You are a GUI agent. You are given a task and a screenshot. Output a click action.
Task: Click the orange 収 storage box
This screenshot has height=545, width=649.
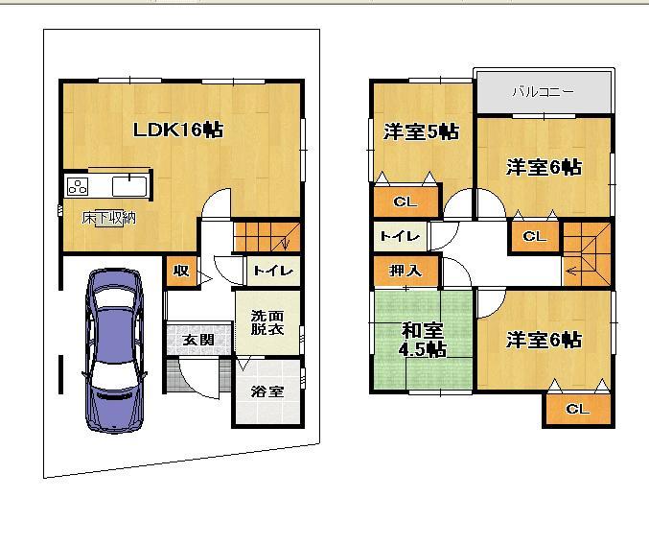pos(179,272)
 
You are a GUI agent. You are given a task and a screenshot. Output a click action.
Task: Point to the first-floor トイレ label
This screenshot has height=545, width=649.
pos(272,272)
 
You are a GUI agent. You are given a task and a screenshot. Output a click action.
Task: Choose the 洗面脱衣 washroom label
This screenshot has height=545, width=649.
pos(267,321)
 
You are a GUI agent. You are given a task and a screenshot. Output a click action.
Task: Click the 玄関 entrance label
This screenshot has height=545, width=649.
pos(198,340)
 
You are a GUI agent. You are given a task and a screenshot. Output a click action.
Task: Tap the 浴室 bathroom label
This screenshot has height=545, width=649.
pos(267,391)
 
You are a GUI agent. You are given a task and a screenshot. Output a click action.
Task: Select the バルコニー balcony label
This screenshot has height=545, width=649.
pos(543,92)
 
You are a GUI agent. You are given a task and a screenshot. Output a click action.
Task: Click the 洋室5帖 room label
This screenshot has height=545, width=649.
pos(421,131)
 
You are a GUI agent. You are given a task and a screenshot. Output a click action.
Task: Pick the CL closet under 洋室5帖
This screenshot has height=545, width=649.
pos(406,201)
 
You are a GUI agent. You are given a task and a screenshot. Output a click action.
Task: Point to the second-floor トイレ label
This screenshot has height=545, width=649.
pos(397,236)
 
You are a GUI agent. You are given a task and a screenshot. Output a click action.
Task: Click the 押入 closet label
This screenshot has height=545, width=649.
pos(406,272)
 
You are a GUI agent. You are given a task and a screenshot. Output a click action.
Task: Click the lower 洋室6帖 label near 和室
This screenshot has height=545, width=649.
pos(544,340)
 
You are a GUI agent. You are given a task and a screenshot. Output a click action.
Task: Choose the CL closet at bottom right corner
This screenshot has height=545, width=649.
pos(577,410)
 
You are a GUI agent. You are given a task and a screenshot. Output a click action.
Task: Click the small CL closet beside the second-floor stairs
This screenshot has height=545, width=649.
pos(534,236)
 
